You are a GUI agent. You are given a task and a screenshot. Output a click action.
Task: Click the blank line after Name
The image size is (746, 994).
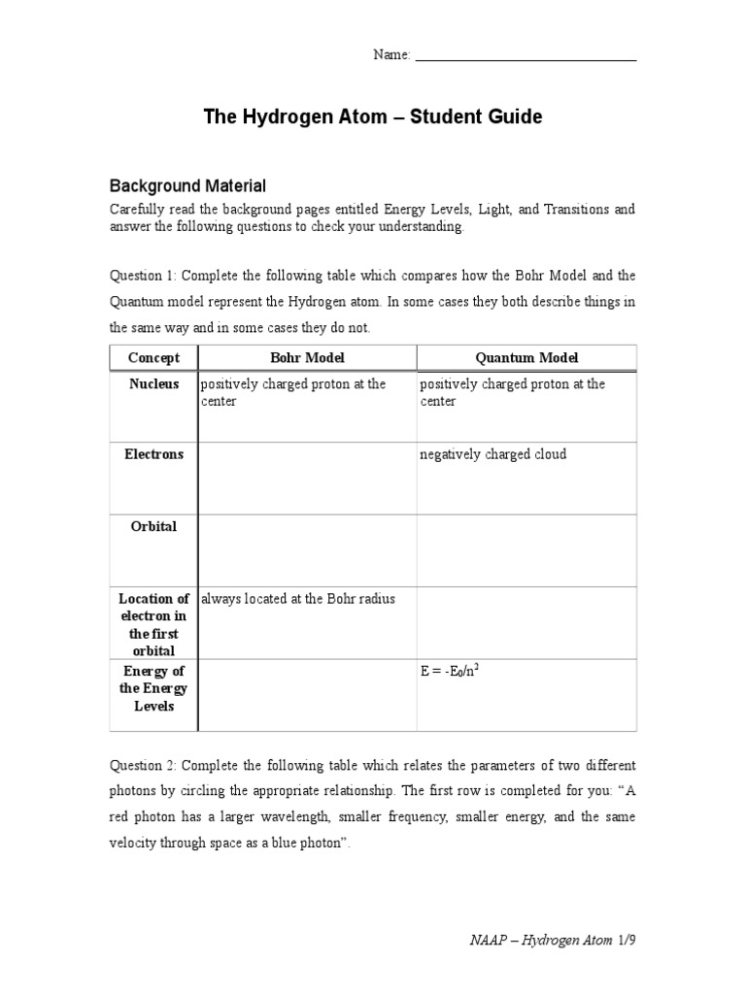pyautogui.click(x=526, y=58)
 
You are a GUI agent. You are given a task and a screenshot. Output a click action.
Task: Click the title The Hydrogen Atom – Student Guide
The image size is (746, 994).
pyautogui.click(x=373, y=117)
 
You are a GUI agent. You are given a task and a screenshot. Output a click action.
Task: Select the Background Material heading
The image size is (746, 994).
pyautogui.click(x=187, y=185)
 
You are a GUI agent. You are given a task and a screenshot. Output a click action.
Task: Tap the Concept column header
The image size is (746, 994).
pyautogui.click(x=153, y=358)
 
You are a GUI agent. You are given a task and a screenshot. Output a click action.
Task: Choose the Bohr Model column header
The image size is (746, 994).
pyautogui.click(x=307, y=358)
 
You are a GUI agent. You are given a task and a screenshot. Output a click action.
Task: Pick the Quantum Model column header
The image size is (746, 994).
pyautogui.click(x=526, y=358)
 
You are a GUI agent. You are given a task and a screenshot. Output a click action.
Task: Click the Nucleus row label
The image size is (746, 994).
pyautogui.click(x=153, y=384)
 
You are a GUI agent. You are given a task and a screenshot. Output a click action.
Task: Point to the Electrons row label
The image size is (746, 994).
pyautogui.click(x=153, y=454)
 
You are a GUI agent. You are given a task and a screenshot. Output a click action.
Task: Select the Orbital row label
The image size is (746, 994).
pyautogui.click(x=153, y=526)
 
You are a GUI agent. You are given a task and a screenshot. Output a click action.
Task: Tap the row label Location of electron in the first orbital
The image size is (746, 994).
pyautogui.click(x=153, y=624)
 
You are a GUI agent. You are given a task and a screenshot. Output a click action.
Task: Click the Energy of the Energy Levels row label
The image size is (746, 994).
pyautogui.click(x=153, y=688)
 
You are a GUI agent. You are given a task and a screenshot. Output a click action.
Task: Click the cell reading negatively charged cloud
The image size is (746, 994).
pyautogui.click(x=493, y=454)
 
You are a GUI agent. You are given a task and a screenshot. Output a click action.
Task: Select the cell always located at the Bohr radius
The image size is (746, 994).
pyautogui.click(x=298, y=599)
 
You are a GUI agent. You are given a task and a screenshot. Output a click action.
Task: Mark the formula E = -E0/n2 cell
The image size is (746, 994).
pyautogui.click(x=452, y=671)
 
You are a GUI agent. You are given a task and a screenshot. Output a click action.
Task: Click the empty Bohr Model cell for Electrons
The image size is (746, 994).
pyautogui.click(x=307, y=478)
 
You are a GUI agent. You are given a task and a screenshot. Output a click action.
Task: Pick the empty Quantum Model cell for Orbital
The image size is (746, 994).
pyautogui.click(x=526, y=550)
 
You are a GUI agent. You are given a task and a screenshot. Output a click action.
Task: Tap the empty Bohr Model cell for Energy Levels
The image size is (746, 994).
pyautogui.click(x=307, y=695)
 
